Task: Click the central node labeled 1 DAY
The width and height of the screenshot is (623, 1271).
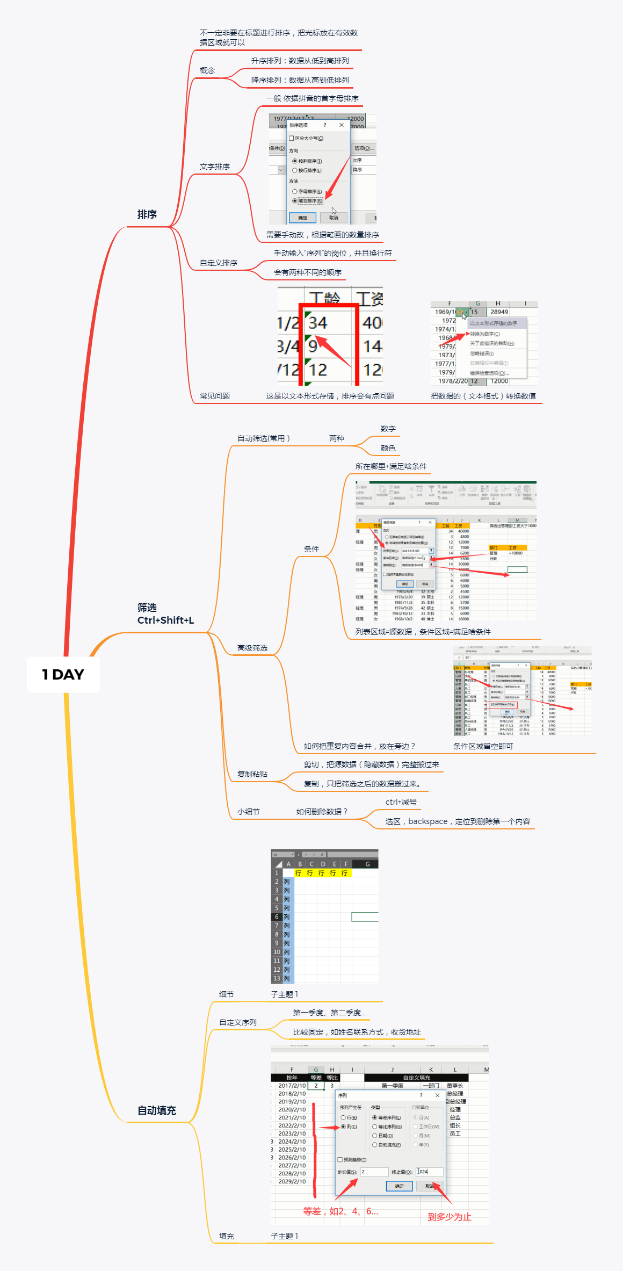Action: point(63,674)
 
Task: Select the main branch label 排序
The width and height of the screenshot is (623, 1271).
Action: point(147,214)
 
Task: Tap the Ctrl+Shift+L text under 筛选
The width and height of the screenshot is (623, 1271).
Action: point(165,620)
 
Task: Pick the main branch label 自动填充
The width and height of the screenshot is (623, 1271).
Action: point(156,1110)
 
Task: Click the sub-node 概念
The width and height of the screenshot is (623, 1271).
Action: point(207,70)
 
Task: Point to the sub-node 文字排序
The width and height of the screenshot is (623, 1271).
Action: point(214,167)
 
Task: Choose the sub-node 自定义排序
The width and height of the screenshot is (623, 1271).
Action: point(218,263)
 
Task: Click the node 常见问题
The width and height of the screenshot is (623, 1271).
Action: point(214,396)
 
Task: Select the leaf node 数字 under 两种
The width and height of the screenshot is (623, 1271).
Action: point(388,429)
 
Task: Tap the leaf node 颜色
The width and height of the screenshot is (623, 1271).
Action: point(388,448)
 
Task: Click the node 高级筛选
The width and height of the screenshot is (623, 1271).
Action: point(252,648)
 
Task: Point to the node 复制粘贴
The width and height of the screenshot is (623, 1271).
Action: point(252,774)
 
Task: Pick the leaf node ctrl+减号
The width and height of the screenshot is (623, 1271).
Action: point(401,802)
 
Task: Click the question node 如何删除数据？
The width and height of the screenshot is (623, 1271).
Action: point(322,812)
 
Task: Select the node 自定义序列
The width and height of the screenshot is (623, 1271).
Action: point(237,1022)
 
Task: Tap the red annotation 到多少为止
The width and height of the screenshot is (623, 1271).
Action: point(449,1217)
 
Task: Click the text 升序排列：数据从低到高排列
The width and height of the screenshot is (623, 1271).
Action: point(300,61)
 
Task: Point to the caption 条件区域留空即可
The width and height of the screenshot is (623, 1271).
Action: point(483,746)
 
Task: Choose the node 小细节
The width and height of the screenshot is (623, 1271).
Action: point(248,812)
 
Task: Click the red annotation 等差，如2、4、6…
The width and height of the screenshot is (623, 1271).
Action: point(341,1211)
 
